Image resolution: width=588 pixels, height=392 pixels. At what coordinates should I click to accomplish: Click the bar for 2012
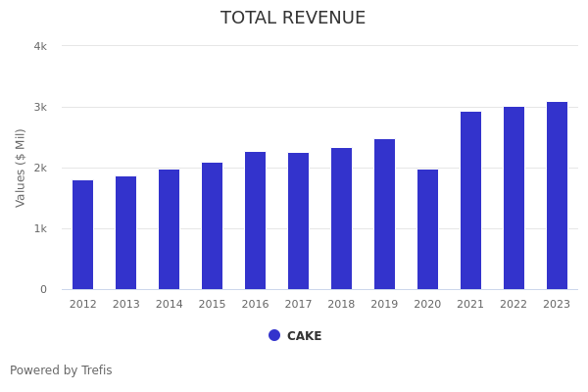83,235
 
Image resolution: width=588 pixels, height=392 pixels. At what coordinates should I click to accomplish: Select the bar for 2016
256,220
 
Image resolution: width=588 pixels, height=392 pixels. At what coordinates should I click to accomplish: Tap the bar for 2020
428,229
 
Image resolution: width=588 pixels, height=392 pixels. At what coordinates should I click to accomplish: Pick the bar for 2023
557,196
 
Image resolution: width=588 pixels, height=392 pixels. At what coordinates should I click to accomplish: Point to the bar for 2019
385,215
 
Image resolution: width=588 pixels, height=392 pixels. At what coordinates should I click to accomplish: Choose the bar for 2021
471,201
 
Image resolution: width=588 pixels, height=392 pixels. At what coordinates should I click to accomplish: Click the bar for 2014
170,229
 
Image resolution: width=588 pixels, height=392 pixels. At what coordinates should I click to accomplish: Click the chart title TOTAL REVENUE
293,19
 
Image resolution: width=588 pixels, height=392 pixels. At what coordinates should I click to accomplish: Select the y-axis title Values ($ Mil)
21,168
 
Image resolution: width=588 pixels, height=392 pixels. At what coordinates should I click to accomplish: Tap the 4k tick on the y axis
40,46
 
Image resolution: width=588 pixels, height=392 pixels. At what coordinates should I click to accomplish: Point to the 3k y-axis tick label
40,107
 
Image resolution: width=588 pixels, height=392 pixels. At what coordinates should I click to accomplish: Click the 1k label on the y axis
40,228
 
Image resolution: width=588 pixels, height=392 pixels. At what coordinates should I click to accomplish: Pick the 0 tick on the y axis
43,289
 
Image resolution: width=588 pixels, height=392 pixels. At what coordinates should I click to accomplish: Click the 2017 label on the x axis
299,305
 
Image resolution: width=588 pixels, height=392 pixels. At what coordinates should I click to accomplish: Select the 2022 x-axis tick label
514,305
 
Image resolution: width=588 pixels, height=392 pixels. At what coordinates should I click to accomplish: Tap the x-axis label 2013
126,305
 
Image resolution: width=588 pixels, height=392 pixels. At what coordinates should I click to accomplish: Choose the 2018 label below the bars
342,305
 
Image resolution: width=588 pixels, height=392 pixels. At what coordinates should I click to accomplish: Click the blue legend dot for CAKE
274,335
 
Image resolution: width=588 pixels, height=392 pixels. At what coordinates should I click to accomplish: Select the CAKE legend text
304,336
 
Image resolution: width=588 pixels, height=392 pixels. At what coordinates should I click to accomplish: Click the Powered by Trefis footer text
61,370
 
